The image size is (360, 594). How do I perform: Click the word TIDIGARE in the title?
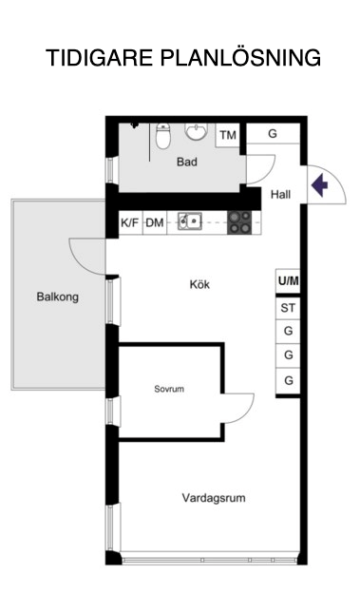point(99,58)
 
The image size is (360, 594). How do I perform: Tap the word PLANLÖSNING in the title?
point(240,57)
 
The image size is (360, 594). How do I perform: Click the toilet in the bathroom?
point(163,136)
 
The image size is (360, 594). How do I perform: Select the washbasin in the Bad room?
point(196,132)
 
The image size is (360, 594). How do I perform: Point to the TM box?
point(228,135)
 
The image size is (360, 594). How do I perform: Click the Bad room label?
point(187,163)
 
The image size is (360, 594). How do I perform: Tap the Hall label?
point(280,195)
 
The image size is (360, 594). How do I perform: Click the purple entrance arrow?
point(319,185)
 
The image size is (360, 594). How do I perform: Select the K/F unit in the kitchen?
point(130,222)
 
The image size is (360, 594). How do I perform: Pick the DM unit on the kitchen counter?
point(155,222)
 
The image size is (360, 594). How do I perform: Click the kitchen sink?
point(190,220)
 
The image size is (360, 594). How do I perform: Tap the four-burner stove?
point(239,222)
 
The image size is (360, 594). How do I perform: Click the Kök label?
point(199,284)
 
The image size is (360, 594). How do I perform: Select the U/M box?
point(288,281)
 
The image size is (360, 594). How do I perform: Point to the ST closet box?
point(288,308)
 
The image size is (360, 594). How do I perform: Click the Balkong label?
point(58,297)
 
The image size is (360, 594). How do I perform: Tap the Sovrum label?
point(169,389)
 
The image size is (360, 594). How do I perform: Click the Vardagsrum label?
point(214,497)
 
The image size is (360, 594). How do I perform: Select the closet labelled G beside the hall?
point(273,133)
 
